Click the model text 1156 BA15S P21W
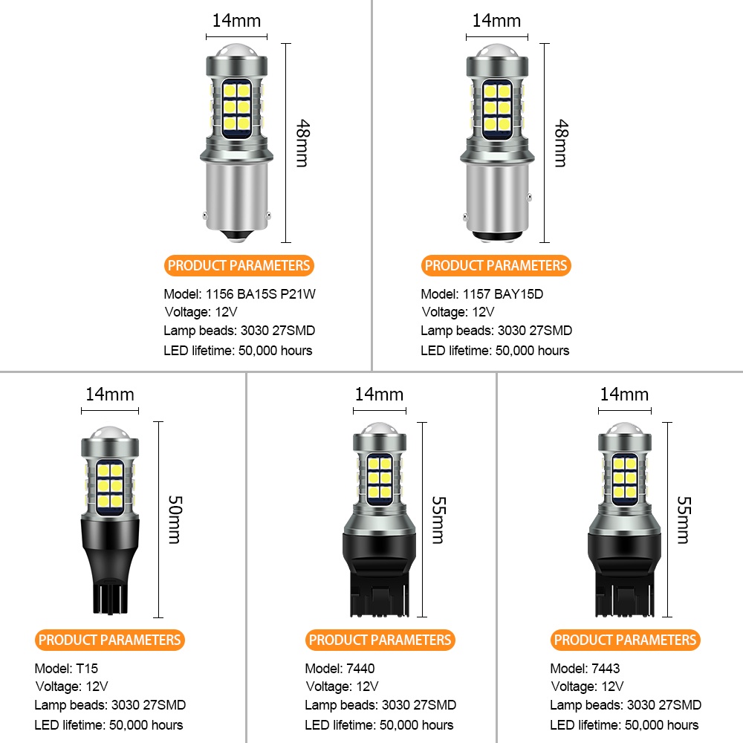[x=260, y=294]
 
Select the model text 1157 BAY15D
[x=503, y=294]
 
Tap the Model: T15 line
[x=66, y=669]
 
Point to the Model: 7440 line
[x=340, y=669]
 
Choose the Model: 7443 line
[x=585, y=669]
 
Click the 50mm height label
[x=175, y=519]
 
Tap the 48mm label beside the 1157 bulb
[x=562, y=143]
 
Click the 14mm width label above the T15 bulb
[x=110, y=395]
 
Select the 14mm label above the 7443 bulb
[x=625, y=395]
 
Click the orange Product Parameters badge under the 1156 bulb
[x=239, y=265]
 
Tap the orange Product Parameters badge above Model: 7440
[x=380, y=640]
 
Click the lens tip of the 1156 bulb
[x=237, y=50]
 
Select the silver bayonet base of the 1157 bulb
[x=496, y=199]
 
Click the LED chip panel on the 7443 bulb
[x=625, y=477]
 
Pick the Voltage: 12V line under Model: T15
[x=71, y=687]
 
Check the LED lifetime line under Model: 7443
[x=624, y=725]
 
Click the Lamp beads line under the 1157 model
[x=496, y=331]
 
